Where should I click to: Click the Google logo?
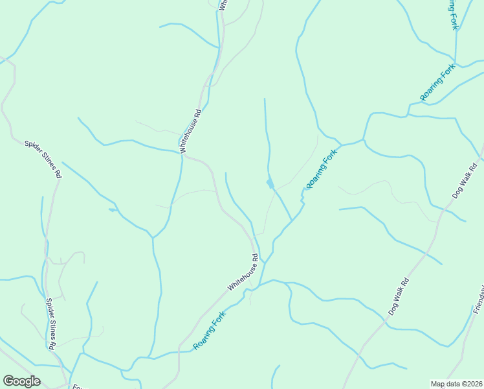21,381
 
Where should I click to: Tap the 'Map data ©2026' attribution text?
457,383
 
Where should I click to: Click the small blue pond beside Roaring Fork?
270,183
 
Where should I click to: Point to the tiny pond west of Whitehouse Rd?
113,209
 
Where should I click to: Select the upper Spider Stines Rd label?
43,159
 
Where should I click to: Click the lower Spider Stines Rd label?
49,324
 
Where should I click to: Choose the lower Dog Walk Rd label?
399,296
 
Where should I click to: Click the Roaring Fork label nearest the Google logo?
214,330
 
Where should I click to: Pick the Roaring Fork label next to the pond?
322,169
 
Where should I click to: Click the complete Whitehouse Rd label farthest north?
191,130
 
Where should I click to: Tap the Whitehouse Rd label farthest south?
243,272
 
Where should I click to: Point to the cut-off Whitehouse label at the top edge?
223,5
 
